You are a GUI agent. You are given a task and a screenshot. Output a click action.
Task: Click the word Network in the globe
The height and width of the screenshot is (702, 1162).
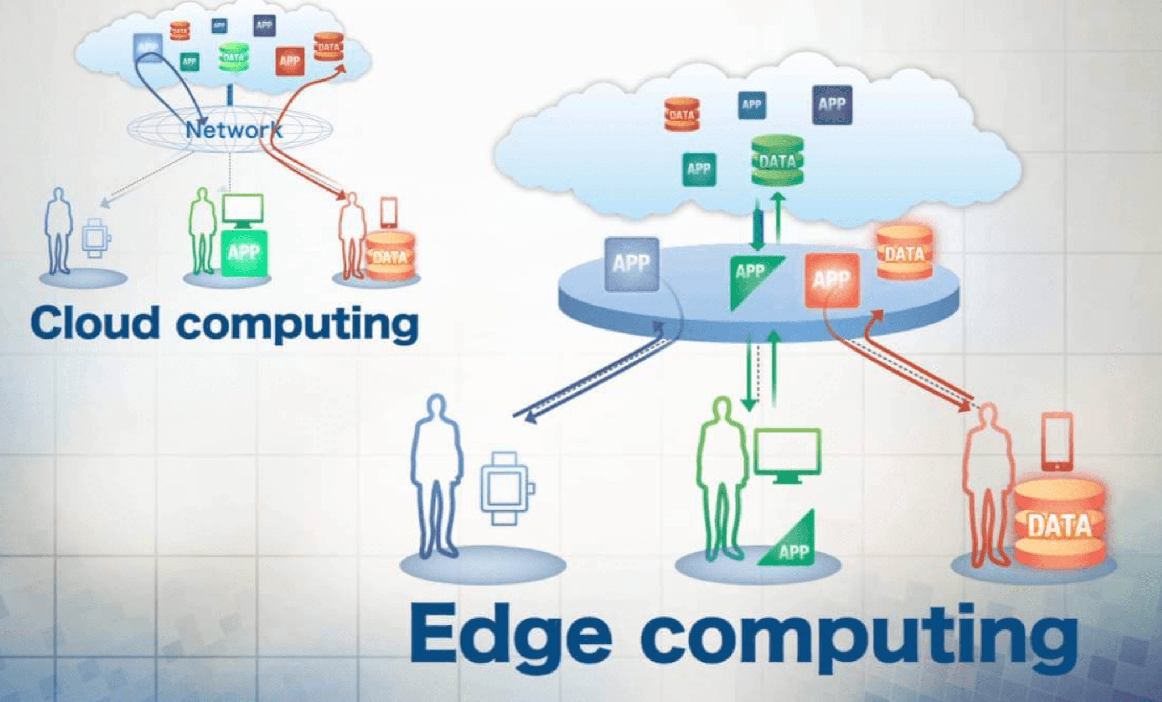(234, 130)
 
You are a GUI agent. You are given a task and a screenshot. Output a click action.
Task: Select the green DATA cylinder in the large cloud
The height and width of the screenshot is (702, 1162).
(777, 160)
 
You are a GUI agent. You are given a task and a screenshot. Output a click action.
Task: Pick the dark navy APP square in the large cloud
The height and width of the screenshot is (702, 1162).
(832, 105)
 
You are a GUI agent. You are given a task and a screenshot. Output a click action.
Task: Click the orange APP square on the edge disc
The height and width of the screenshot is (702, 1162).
(832, 280)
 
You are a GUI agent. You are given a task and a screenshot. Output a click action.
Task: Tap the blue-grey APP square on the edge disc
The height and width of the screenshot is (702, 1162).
(631, 264)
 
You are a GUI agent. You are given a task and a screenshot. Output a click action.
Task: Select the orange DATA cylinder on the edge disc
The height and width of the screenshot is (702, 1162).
(904, 252)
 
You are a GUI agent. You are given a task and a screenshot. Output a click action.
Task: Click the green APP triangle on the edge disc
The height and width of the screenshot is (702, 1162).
(752, 278)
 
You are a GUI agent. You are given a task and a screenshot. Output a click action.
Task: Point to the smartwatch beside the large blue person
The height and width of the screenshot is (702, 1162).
(505, 488)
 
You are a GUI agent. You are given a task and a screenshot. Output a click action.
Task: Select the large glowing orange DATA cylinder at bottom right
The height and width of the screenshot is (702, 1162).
(1059, 524)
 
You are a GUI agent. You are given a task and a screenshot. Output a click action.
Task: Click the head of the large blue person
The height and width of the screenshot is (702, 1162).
(436, 408)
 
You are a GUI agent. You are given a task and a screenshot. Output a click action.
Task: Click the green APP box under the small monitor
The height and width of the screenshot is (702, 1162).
(244, 253)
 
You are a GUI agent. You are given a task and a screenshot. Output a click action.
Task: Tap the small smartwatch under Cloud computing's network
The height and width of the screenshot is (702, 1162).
(95, 238)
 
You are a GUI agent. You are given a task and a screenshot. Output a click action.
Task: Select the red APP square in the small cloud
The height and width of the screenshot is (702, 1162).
(289, 61)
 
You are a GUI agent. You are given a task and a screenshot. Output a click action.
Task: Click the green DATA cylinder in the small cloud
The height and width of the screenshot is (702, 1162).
(233, 57)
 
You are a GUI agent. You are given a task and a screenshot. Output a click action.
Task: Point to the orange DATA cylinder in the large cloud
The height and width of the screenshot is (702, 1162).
(681, 115)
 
